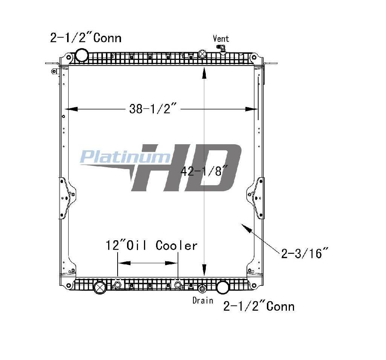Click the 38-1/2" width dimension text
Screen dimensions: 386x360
pyautogui.click(x=153, y=108)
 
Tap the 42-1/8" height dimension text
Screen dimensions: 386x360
pyautogui.click(x=204, y=171)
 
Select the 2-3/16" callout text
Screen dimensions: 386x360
pyautogui.click(x=305, y=253)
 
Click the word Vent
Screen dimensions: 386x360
pyautogui.click(x=221, y=39)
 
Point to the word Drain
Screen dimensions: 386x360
pyautogui.click(x=202, y=300)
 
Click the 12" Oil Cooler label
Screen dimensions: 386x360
pyautogui.click(x=152, y=246)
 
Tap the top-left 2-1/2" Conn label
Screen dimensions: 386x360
pyautogui.click(x=86, y=38)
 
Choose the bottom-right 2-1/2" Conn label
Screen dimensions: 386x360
pyautogui.click(x=259, y=307)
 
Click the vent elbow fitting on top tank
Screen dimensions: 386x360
pyautogui.click(x=221, y=49)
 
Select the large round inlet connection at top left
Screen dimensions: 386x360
pyautogui.click(x=82, y=55)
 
